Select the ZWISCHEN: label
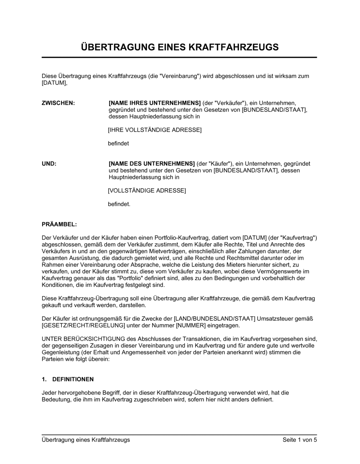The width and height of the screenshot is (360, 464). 58,103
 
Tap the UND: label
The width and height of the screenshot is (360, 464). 49,164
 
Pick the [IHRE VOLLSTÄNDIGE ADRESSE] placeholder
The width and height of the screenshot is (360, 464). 155,130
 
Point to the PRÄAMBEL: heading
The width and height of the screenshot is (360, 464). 59,224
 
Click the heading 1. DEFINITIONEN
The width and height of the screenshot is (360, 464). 68,379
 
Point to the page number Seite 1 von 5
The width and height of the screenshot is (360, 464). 300,440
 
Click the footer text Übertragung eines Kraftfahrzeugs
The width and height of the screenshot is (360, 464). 86,440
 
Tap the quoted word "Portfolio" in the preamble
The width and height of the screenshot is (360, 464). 142,278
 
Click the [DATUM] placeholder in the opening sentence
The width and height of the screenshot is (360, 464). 54,83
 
